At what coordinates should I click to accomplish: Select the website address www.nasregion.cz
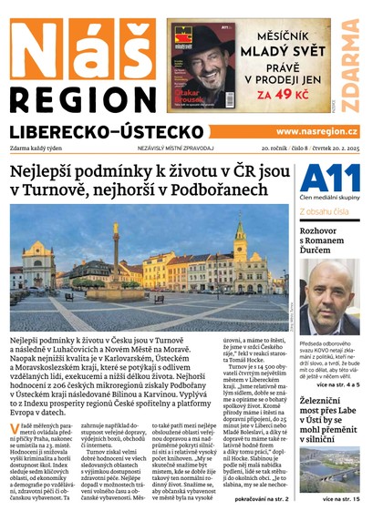pyautogui.click(x=316, y=132)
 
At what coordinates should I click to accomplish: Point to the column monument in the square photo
pyautogui.click(x=116, y=257)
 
